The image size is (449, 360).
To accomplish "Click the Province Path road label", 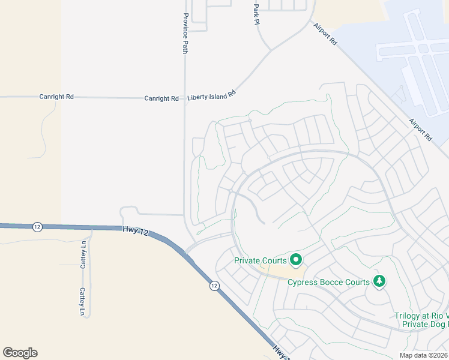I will coord(185,34).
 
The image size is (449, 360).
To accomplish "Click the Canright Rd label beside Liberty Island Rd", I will coord(161,98).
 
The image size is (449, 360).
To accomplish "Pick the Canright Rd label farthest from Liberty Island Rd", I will coord(56,96).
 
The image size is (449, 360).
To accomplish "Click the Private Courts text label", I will coord(260,260).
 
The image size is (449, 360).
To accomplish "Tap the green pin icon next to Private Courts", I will coord(295,260).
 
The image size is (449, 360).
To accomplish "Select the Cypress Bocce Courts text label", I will coord(327,282).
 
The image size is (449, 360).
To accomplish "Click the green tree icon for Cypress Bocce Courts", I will coord(379,281).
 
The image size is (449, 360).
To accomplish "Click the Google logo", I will coord(20,353).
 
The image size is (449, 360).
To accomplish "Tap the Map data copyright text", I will coord(424,355).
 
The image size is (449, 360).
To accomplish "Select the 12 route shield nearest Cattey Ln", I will coord(38,226).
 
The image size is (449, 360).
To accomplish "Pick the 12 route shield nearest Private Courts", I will coord(214,286).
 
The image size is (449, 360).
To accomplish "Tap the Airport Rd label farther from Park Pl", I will coord(420,129).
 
